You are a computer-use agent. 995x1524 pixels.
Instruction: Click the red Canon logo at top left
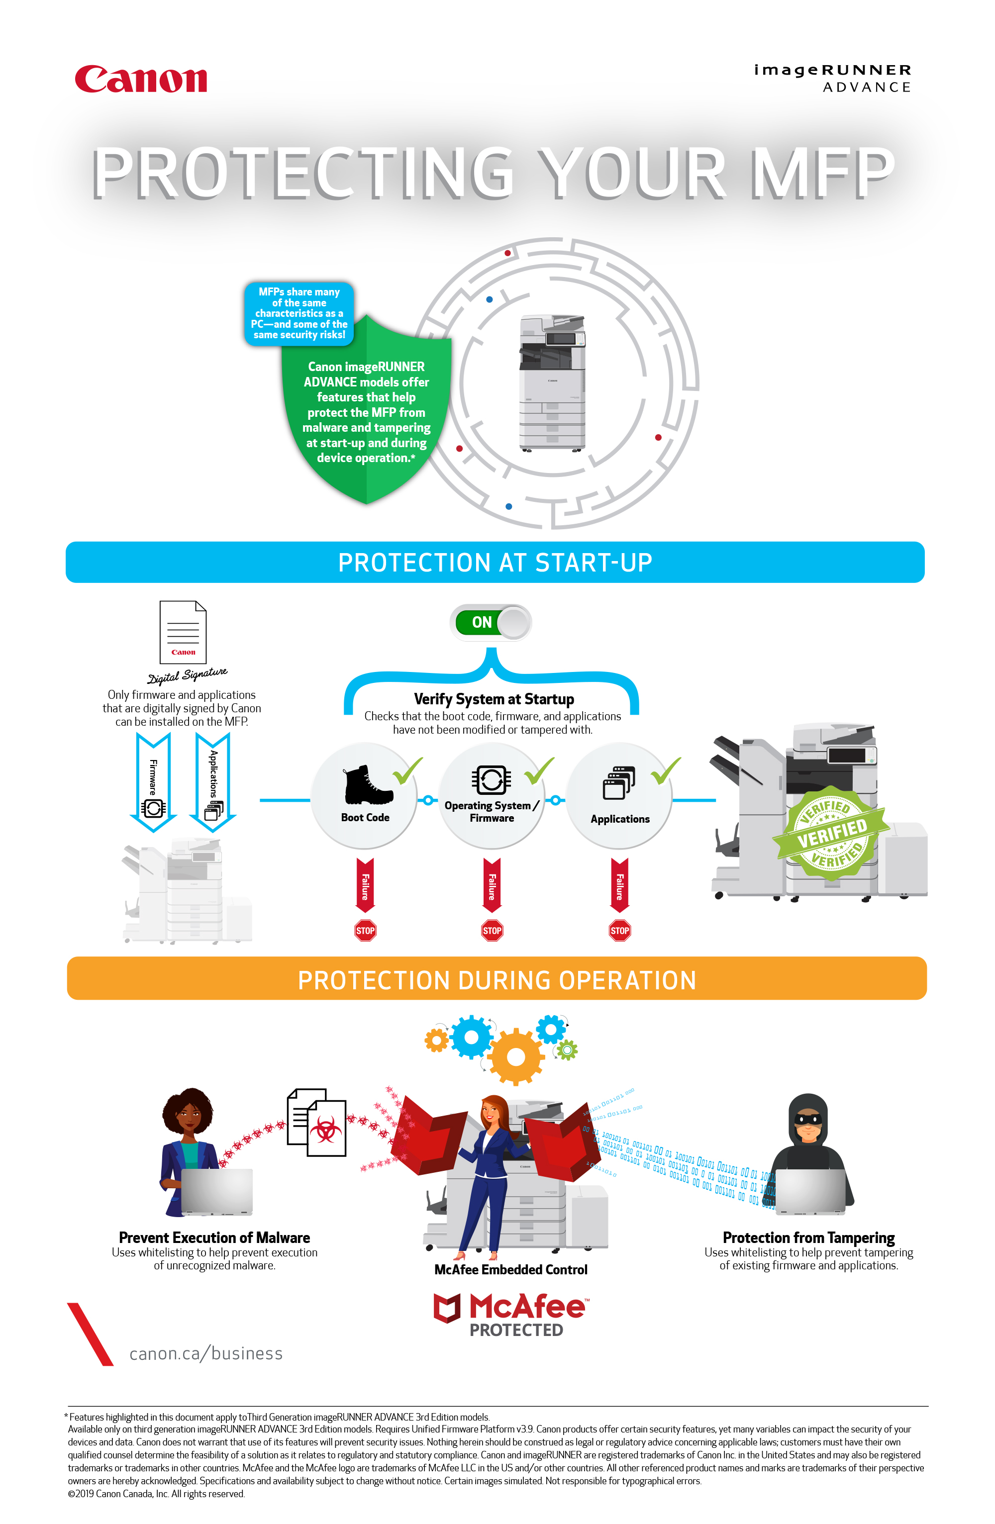[x=141, y=80]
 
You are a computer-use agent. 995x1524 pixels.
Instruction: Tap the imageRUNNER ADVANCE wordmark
[x=832, y=78]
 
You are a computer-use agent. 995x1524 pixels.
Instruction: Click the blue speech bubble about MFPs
[x=298, y=313]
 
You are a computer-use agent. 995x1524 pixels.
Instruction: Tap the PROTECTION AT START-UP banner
[x=495, y=562]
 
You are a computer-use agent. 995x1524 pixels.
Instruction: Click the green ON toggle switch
[x=491, y=622]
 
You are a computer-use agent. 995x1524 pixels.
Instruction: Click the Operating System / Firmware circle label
[x=492, y=811]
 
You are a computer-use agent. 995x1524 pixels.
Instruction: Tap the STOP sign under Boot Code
[x=365, y=931]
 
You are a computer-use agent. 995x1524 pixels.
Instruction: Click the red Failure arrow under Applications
[x=619, y=885]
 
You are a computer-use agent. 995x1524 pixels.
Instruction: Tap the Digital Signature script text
[x=187, y=675]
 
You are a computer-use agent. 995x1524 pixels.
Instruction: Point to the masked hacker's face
[x=808, y=1121]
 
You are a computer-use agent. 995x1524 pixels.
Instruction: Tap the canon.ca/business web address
[x=205, y=1353]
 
